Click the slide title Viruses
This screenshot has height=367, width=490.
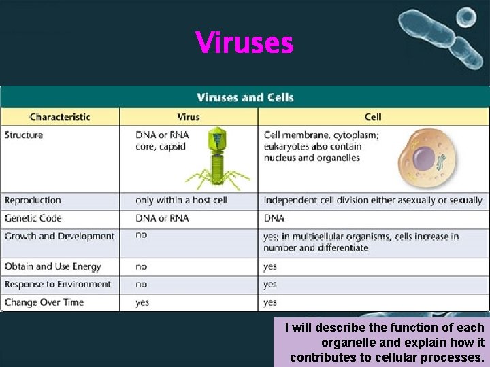[244, 43]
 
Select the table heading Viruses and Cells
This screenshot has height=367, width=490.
[245, 97]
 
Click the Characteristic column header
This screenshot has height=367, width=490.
[60, 117]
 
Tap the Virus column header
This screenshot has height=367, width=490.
[189, 117]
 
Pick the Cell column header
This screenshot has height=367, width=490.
[373, 117]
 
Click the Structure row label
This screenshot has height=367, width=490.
[24, 135]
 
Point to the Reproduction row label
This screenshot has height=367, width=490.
[33, 200]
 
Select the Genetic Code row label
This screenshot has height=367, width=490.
[33, 218]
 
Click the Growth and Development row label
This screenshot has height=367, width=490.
[59, 236]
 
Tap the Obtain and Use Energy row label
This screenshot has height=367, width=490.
[52, 266]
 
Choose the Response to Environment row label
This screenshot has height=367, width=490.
[57, 284]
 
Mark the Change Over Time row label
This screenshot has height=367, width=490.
[44, 302]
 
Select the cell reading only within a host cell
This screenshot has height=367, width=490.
[181, 200]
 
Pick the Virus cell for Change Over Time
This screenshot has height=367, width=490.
[142, 302]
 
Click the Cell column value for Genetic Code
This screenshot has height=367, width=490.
[274, 218]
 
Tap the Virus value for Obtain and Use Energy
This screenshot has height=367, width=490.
[141, 266]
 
